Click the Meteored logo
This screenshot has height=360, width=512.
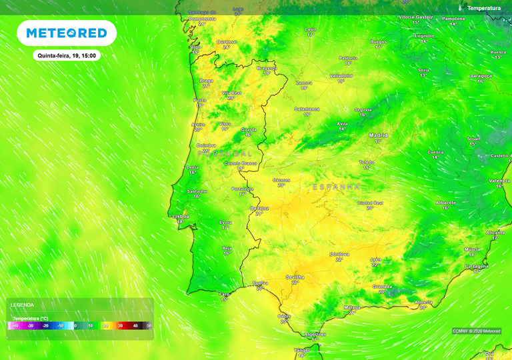[x=67, y=33]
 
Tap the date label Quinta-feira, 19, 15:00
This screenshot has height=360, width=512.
[x=67, y=56]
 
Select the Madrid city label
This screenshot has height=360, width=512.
[x=379, y=135]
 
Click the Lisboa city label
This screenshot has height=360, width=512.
[x=181, y=216]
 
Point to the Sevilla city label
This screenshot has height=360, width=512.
[x=295, y=277]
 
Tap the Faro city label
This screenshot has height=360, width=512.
[x=225, y=294]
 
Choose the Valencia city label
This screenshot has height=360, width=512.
[x=499, y=181]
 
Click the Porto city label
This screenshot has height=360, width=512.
[x=199, y=101]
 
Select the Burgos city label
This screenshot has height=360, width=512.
[x=379, y=41]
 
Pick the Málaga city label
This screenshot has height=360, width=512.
[x=352, y=307]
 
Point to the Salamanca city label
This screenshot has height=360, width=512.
[x=307, y=109]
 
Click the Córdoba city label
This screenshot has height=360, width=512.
[x=339, y=254]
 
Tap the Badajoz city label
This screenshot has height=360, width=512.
[x=259, y=208]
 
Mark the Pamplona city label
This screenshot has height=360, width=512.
[x=453, y=19]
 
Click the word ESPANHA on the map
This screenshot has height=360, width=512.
[x=336, y=187]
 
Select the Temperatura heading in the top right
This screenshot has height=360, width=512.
[x=483, y=8]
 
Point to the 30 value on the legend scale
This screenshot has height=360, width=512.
[x=120, y=325]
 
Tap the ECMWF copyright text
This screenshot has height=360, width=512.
[x=477, y=331]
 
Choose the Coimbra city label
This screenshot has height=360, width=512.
[x=206, y=145]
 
